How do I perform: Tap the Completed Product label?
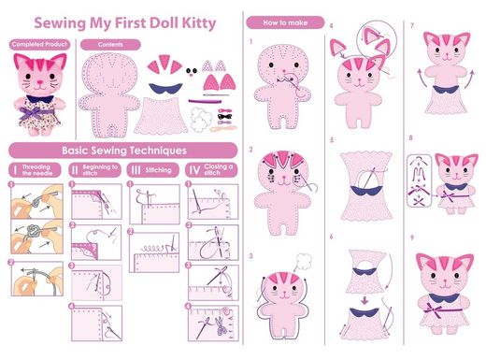(39, 44)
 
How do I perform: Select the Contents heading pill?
(110, 45)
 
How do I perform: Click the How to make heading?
(285, 22)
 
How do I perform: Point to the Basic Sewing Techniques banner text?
(124, 151)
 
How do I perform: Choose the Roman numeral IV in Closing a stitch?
(194, 170)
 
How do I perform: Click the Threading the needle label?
(37, 170)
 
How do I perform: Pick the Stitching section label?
(158, 170)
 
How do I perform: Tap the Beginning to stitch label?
(100, 170)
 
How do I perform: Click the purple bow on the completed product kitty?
(31, 112)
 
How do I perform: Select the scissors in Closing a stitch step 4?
(221, 325)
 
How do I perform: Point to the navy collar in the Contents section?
(165, 88)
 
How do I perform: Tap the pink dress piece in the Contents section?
(161, 116)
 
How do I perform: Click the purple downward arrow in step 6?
(364, 301)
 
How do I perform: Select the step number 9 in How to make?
(412, 238)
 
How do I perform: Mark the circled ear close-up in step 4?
(377, 39)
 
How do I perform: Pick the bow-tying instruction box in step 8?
(420, 180)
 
